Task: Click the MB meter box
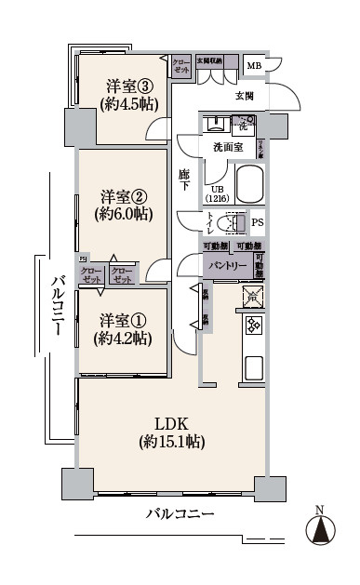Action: click(254, 66)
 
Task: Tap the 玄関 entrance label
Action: click(244, 97)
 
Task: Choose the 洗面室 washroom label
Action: click(227, 148)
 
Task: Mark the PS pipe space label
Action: click(258, 223)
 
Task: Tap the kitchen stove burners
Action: click(252, 326)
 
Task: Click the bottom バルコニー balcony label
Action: click(180, 514)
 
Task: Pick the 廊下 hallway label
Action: click(185, 179)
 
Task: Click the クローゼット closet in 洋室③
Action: click(180, 66)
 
